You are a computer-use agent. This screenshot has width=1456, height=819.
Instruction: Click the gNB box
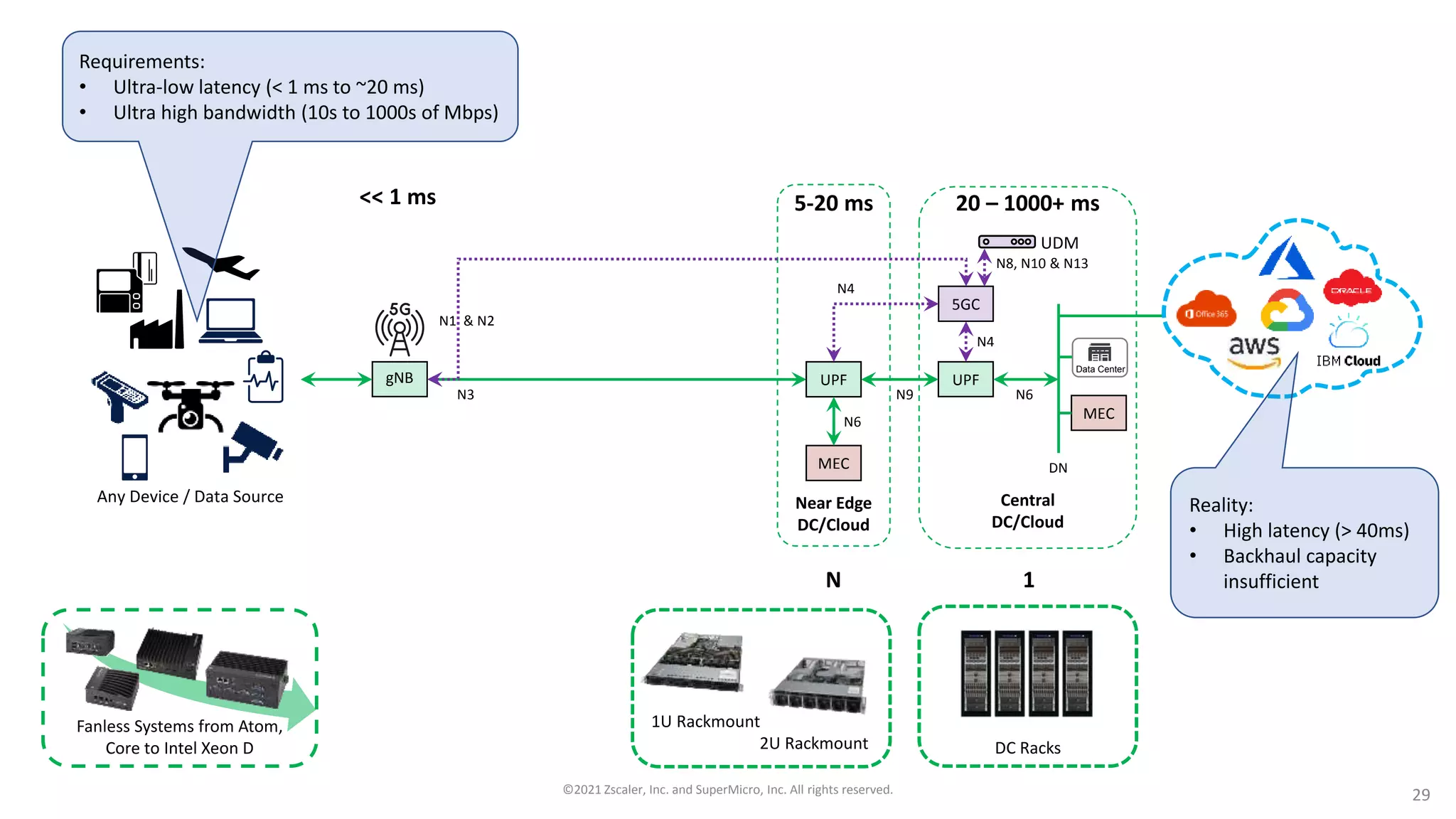(400, 379)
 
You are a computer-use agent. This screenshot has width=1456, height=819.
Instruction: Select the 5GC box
(965, 304)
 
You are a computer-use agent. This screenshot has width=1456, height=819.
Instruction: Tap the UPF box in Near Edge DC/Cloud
(833, 380)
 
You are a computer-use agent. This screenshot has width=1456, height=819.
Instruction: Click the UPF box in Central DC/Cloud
(965, 380)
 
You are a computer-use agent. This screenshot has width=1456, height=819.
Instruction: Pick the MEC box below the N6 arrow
(833, 464)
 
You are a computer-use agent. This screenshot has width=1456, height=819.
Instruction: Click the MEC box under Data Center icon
(1098, 414)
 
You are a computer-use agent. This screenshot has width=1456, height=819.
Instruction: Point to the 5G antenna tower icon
(400, 329)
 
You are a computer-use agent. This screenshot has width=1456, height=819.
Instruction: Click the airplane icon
(222, 263)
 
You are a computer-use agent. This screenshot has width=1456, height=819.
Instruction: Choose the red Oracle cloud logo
(1351, 289)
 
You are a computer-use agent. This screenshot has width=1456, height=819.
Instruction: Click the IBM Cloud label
(1348, 360)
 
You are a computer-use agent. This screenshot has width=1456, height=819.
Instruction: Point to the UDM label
(1059, 243)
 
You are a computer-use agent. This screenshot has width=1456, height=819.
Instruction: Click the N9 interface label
(904, 395)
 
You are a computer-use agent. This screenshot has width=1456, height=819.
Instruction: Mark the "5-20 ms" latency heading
(833, 203)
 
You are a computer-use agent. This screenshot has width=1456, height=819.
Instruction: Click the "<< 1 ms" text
(397, 197)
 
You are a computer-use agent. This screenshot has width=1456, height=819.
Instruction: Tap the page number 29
(1420, 795)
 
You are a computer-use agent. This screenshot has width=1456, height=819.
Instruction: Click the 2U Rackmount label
(813, 744)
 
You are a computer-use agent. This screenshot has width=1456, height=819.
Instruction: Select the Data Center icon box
(1100, 358)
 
